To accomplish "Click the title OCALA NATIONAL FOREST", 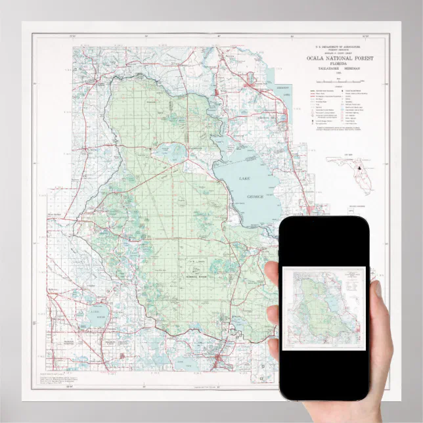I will (339, 58).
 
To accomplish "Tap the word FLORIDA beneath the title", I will (339, 64).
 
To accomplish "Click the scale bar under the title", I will (339, 80).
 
